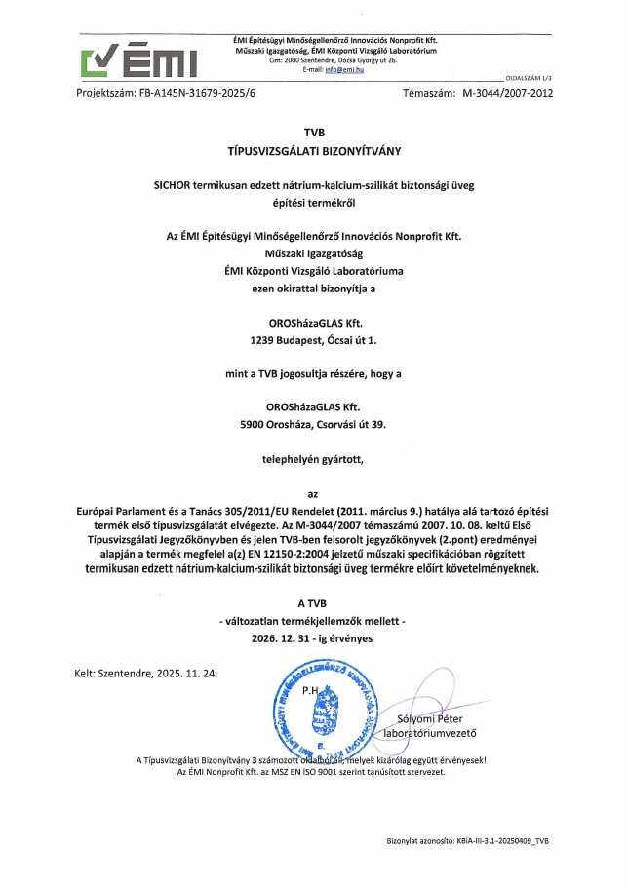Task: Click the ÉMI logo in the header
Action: pyautogui.click(x=140, y=60)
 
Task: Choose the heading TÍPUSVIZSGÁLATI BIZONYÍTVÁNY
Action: pyautogui.click(x=313, y=151)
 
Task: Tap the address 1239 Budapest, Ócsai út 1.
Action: pyautogui.click(x=313, y=341)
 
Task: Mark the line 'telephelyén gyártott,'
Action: pyautogui.click(x=313, y=458)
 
